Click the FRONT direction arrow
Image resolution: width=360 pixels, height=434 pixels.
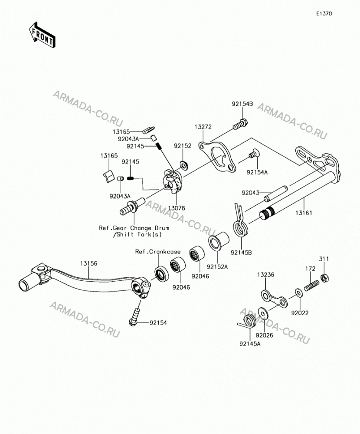point(42,36)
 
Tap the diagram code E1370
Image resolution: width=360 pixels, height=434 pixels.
point(324,13)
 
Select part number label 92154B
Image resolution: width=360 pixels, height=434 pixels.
point(242,104)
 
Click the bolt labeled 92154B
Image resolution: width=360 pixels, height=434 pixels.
point(240,125)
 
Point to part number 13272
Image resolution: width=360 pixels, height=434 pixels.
point(203,127)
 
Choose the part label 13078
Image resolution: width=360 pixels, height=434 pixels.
point(177,208)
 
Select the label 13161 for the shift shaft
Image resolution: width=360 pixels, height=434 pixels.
point(304,213)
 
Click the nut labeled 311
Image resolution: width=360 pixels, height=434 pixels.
point(324,278)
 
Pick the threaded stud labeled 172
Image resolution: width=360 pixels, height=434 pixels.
point(311,286)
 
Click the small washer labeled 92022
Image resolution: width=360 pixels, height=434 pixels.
point(298,293)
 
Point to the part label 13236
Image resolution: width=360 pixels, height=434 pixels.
point(265,275)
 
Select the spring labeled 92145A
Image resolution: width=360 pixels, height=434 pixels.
point(248,322)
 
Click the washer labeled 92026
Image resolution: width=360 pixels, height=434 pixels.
point(262,313)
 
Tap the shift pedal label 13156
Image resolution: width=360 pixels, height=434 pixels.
point(89,263)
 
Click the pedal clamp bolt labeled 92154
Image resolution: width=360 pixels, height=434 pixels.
point(135,316)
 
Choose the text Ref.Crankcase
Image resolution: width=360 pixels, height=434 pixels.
point(158,252)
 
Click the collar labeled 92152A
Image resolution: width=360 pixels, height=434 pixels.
point(219,242)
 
